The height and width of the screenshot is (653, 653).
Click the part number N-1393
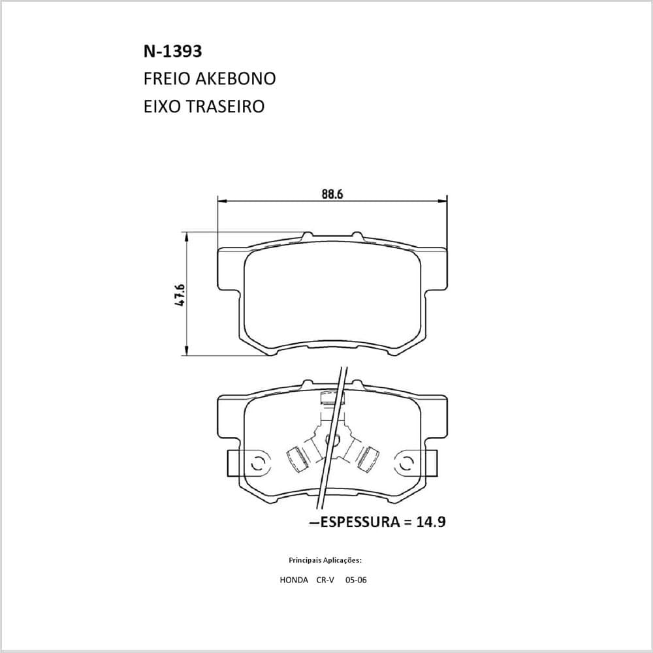point(173,51)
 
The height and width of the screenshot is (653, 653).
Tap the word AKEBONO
point(236,79)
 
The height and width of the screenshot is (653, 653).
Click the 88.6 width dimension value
point(332,194)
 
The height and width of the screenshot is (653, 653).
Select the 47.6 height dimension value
point(180,295)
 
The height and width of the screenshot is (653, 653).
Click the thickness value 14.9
point(431,521)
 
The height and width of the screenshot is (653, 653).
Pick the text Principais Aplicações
point(325,560)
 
